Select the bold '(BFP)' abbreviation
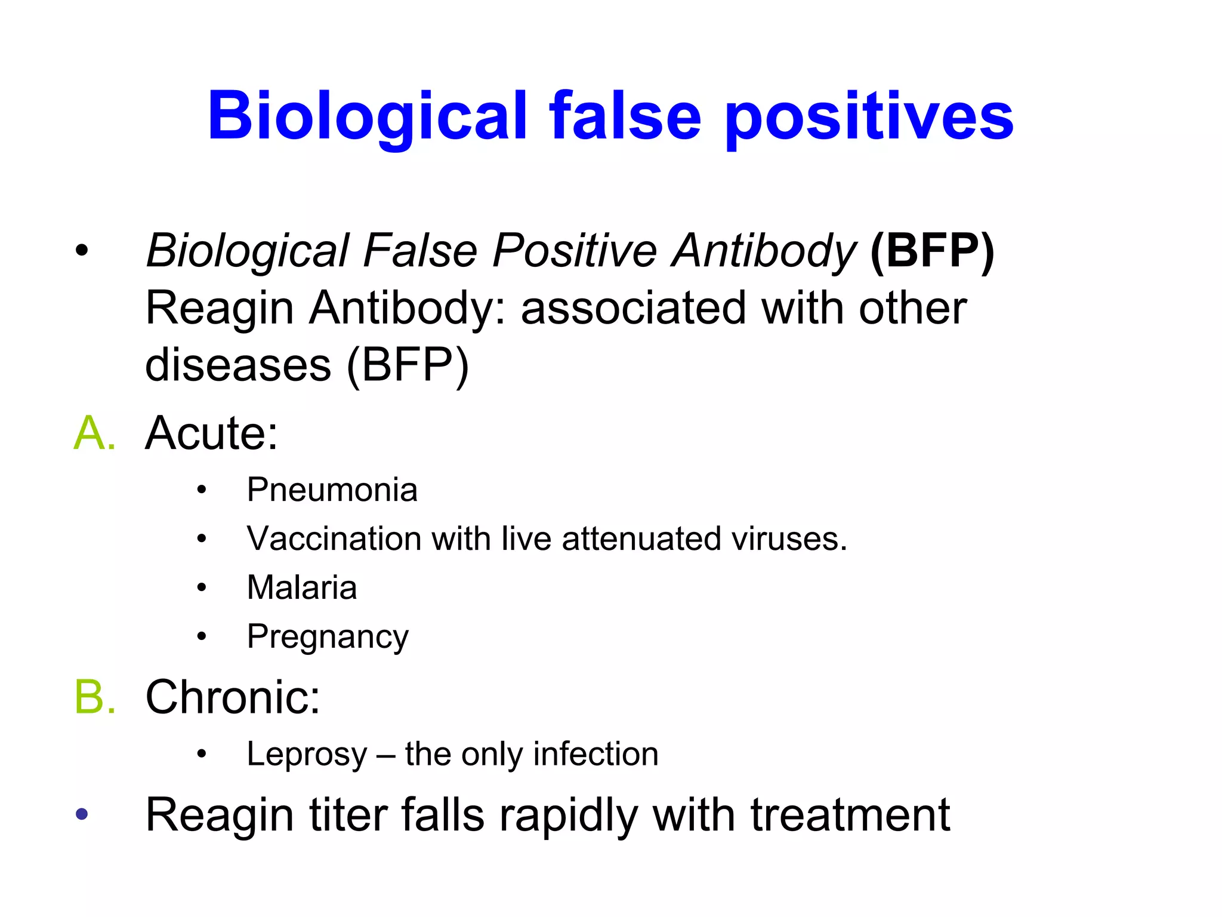click(x=932, y=251)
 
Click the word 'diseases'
click(x=238, y=365)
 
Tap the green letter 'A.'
click(x=94, y=433)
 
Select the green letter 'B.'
click(x=94, y=697)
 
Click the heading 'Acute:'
click(x=212, y=433)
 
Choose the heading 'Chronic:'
click(x=233, y=697)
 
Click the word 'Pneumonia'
click(x=332, y=490)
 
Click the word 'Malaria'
click(x=302, y=587)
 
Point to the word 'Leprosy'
click(x=307, y=755)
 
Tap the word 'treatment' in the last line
click(x=850, y=815)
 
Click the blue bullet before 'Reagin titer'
click(x=82, y=814)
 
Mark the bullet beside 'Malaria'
click(x=202, y=587)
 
